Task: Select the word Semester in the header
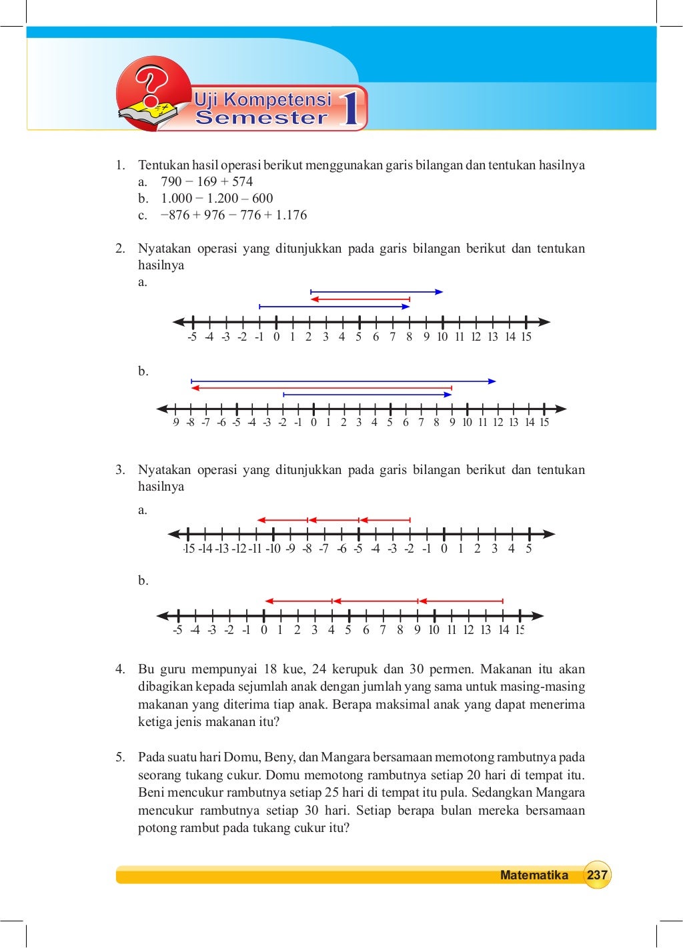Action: coord(261,118)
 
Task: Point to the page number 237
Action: coord(597,875)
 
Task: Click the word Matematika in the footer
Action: coord(534,875)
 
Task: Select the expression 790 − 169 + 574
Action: coord(207,181)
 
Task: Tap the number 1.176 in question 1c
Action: coord(291,215)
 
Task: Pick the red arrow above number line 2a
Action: coord(360,299)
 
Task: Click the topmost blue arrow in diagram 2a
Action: coord(377,291)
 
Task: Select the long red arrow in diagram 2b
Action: coord(321,387)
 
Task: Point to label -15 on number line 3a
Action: coord(189,549)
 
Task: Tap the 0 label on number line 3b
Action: coord(263,630)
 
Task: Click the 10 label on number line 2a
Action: coord(442,337)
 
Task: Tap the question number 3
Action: coord(119,469)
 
